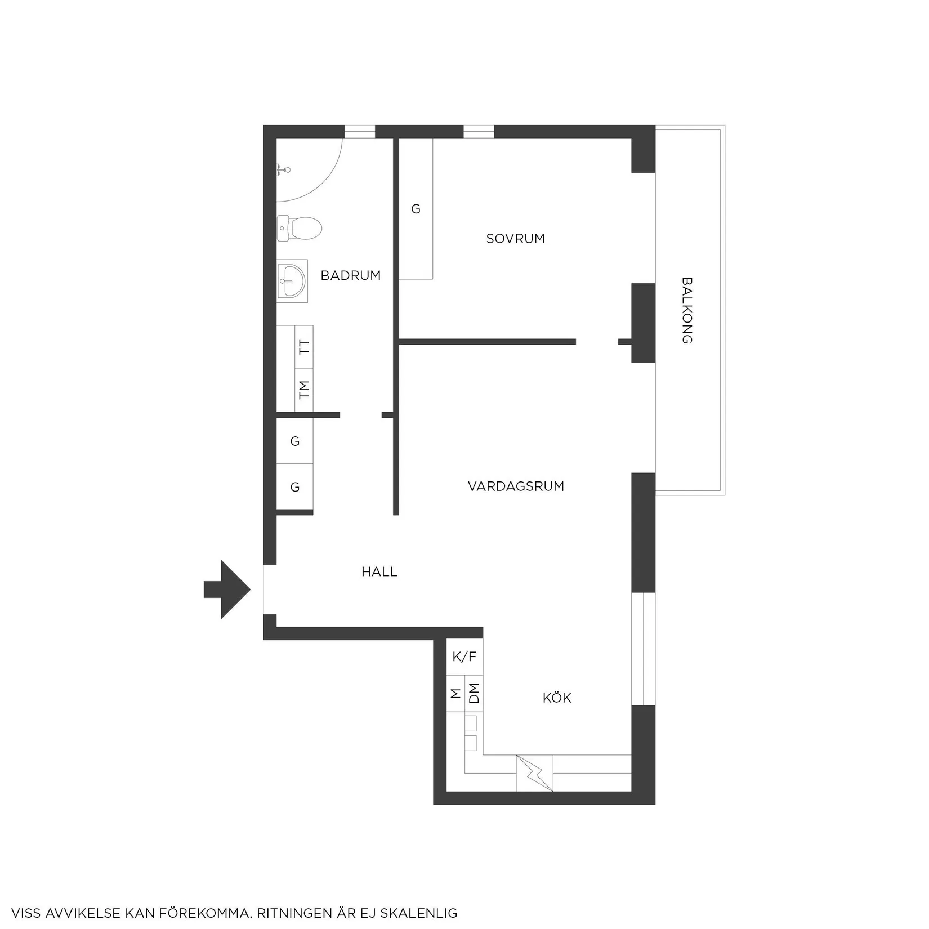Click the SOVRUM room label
coord(515,239)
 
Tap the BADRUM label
coord(351,275)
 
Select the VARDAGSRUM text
coord(516,486)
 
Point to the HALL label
coord(379,572)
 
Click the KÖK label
coord(557,698)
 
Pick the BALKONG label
coord(686,310)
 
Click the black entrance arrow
coord(227,589)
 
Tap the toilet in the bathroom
coord(300,229)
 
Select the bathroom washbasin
coord(292,281)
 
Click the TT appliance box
coord(304,347)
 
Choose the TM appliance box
coord(304,390)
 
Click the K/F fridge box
coord(464,656)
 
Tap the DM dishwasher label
coord(474,693)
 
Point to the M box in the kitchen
coord(455,693)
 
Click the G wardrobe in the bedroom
coord(416,209)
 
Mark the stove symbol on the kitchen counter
coord(534,773)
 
